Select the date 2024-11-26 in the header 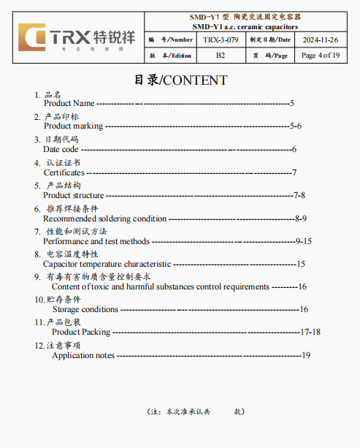[x=319, y=39]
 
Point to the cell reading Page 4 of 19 [x=319, y=56]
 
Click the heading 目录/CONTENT [x=180, y=80]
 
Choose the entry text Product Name [x=69, y=104]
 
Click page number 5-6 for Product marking [x=295, y=126]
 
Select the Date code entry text [x=61, y=149]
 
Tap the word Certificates [x=64, y=172]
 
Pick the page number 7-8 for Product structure [x=299, y=195]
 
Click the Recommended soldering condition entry [x=105, y=219]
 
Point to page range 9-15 [x=303, y=241]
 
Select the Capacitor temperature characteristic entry [x=107, y=264]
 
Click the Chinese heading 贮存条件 [x=64, y=299]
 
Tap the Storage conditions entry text [x=85, y=309]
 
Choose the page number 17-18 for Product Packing [x=310, y=332]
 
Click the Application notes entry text [x=83, y=355]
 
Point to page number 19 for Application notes [x=306, y=355]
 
